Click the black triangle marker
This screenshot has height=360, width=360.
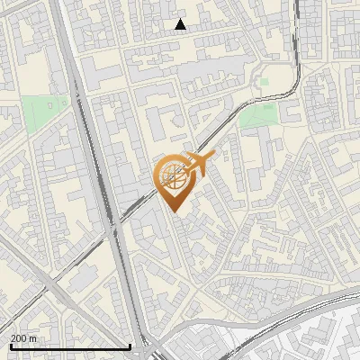click(x=181, y=24)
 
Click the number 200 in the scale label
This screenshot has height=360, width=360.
click(x=19, y=338)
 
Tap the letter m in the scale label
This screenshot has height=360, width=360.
click(x=33, y=338)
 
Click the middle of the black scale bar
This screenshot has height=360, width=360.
click(x=70, y=346)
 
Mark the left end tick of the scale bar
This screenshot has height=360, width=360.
click(x=10, y=346)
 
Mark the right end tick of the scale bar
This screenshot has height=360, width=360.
click(x=130, y=346)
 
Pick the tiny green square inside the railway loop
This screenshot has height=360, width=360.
click(x=264, y=82)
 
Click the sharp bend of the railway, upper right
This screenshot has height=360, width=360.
click(x=290, y=85)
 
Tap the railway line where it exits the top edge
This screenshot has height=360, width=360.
click(x=297, y=3)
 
